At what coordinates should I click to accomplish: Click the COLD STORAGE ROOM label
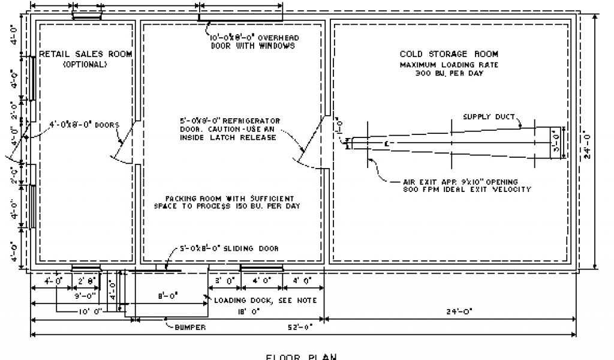449,54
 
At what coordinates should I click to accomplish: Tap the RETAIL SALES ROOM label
86,54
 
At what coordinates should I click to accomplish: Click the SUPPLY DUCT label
488,117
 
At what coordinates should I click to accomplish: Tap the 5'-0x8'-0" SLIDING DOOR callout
230,248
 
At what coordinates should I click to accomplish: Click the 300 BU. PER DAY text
449,73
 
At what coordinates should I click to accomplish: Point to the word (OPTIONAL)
85,64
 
